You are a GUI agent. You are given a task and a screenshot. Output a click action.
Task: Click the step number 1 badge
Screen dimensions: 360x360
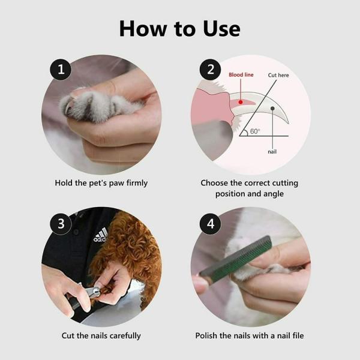(61, 70)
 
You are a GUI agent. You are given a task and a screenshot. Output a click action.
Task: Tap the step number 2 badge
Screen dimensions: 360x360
(210, 70)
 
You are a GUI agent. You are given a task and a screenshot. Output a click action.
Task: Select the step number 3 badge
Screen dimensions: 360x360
(61, 224)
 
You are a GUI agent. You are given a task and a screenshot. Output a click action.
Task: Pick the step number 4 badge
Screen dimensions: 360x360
(210, 224)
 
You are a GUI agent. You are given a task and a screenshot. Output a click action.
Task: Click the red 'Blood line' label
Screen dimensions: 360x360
(241, 75)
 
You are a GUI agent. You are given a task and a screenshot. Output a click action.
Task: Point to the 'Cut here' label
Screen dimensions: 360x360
(278, 75)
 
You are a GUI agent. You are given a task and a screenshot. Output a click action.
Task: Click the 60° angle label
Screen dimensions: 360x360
(255, 131)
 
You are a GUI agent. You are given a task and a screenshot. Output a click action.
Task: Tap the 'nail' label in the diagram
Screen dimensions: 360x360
(272, 152)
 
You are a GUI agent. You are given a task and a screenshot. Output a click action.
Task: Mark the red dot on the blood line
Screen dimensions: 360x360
(241, 102)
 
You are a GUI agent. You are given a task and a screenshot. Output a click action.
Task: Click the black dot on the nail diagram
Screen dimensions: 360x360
(272, 109)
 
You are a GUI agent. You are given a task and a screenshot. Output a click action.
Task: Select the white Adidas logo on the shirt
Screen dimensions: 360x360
(101, 235)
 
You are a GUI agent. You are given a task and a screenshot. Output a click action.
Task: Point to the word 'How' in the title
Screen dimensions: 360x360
(143, 28)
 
